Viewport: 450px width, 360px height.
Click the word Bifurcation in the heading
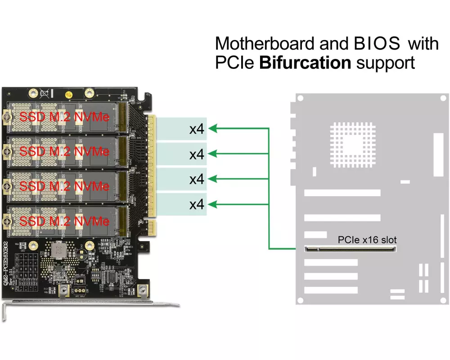[305, 63]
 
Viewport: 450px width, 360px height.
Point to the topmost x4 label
[197, 130]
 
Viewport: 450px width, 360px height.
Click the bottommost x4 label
[197, 205]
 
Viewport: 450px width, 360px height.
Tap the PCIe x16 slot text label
[367, 240]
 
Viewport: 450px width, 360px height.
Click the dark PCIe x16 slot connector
[351, 248]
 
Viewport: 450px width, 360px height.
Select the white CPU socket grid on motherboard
[352, 137]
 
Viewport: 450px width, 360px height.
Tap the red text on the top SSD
[64, 117]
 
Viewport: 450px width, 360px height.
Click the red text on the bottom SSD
[64, 221]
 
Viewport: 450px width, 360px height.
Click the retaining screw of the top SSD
[7, 118]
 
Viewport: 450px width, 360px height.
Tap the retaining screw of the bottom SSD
[7, 220]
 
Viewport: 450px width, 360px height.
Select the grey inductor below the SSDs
[58, 250]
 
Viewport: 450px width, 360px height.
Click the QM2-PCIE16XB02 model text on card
[6, 266]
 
